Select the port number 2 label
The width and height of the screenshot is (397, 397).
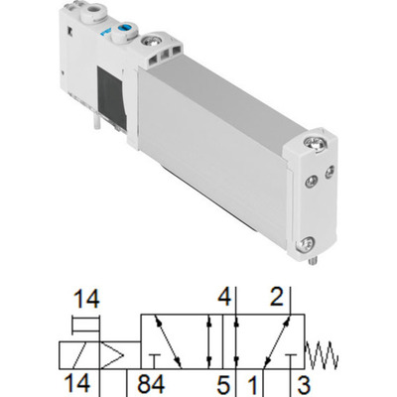pos(277,296)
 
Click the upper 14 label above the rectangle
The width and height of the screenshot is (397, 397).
pos(87,296)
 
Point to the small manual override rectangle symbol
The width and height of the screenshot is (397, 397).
pos(87,322)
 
